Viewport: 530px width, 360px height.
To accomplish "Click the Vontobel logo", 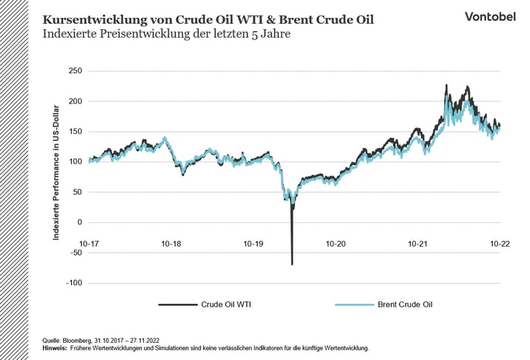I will point(490,16).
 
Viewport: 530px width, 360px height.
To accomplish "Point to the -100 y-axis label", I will point(74,283).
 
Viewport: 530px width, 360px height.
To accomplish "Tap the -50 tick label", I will point(76,253).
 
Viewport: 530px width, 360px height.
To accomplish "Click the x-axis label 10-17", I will point(89,243).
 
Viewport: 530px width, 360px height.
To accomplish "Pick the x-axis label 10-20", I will point(336,243).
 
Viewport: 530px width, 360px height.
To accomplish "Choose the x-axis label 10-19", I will point(254,243).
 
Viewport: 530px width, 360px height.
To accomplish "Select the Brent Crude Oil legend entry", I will point(404,304).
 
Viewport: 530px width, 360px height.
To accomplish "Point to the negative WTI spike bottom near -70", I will point(292,264).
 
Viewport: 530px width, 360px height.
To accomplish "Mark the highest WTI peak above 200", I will point(446,85).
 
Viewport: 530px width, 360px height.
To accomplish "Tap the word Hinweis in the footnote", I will point(55,347).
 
